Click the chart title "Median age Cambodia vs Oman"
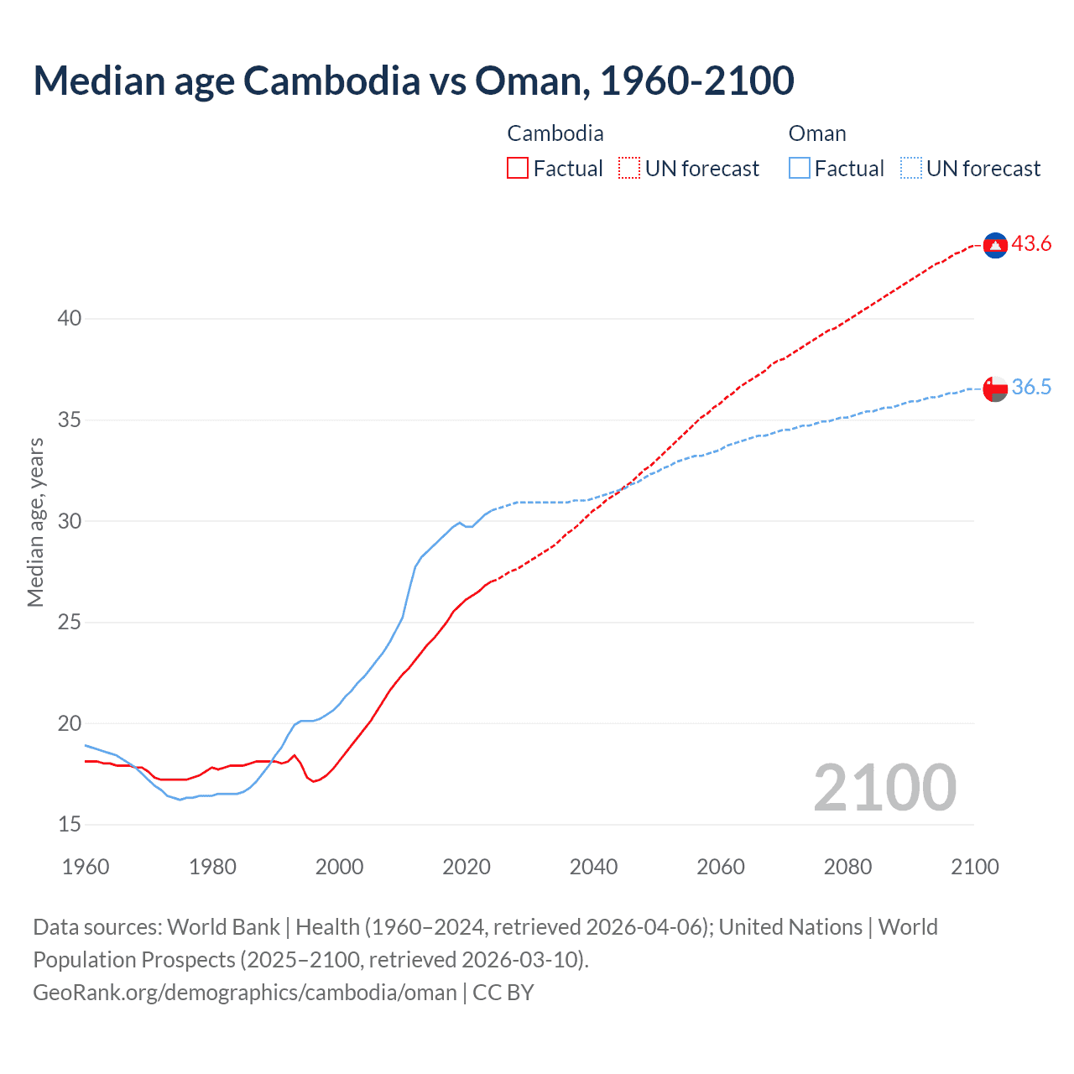click(x=413, y=81)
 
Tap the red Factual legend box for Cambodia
click(x=518, y=169)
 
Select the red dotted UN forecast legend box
click(x=629, y=169)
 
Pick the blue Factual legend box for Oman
click(x=800, y=169)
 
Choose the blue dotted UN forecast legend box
click(x=910, y=169)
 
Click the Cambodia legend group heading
click(x=555, y=133)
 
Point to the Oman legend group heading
click(x=816, y=133)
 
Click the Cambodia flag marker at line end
click(x=995, y=245)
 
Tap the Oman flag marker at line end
click(x=995, y=388)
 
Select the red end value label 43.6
click(x=1031, y=244)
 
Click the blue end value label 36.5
click(x=1031, y=388)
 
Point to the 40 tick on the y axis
click(x=70, y=318)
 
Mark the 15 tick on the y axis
click(x=70, y=825)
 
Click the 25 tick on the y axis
click(x=70, y=623)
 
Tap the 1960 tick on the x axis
click(x=86, y=867)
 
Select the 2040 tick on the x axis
click(x=593, y=867)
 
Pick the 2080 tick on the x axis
click(x=847, y=867)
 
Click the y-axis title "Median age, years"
click(x=35, y=522)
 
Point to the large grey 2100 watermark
click(x=884, y=787)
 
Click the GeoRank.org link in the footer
click(x=245, y=993)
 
